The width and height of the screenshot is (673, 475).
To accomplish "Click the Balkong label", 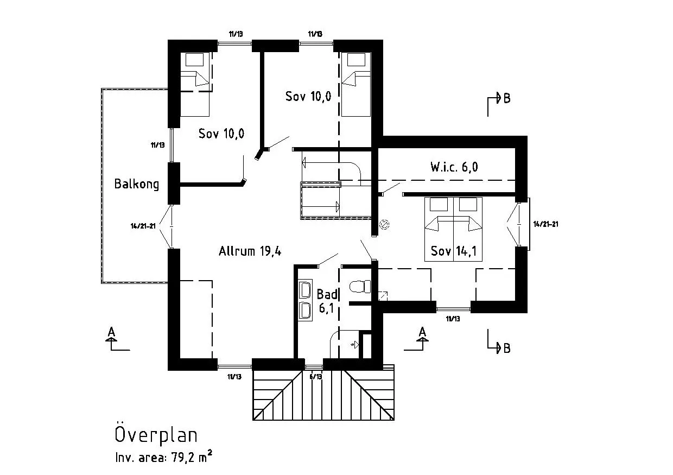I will [137, 184].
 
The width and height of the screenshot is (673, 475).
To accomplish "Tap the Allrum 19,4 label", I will [250, 251].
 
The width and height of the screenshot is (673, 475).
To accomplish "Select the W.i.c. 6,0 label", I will [454, 167].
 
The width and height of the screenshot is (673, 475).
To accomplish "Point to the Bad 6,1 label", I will [327, 301].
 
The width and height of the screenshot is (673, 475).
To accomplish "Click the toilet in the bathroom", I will [360, 287].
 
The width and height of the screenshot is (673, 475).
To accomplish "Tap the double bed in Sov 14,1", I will [453, 228].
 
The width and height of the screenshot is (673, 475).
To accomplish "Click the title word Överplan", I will [156, 435].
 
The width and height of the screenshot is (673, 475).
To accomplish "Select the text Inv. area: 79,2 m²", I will [163, 458].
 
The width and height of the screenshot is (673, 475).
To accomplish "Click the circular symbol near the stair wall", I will [384, 224].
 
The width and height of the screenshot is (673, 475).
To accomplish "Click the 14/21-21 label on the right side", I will [546, 224].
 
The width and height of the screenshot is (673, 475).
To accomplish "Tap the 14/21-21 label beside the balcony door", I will [143, 226].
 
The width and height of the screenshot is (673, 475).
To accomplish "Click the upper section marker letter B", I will [506, 99].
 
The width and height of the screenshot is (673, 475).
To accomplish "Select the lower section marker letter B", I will [506, 348].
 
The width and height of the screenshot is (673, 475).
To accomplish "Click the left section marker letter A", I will [111, 332].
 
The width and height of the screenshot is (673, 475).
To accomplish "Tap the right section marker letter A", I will [422, 332].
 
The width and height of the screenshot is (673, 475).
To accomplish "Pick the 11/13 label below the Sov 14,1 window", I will [453, 319].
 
